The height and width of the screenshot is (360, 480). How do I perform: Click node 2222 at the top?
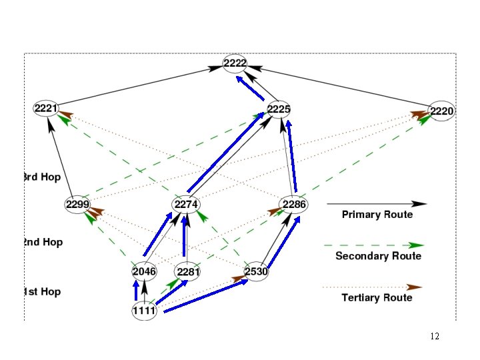[x=235, y=63]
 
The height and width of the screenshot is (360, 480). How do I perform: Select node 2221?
[x=47, y=108]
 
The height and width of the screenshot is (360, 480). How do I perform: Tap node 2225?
[x=279, y=109]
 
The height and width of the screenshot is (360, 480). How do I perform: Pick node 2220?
[x=441, y=111]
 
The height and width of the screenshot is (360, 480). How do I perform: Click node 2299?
[x=78, y=204]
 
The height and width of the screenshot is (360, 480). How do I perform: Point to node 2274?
[x=185, y=204]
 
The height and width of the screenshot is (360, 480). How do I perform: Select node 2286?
[x=294, y=204]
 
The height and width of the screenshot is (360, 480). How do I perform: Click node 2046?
[x=144, y=271]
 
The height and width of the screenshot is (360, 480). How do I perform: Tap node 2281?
[x=188, y=272]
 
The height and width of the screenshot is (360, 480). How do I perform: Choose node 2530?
[x=256, y=271]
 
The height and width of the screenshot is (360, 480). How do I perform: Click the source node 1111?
[x=143, y=311]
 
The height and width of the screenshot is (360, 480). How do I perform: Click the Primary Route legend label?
[x=377, y=215]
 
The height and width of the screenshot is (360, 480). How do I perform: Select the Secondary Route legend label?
[x=378, y=256]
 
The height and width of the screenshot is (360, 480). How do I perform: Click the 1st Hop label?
[x=43, y=292]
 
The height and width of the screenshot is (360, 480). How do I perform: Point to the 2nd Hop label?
[x=43, y=242]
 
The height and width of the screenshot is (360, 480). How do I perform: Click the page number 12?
[x=435, y=337]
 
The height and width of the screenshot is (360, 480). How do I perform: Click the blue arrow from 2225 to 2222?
[x=249, y=88]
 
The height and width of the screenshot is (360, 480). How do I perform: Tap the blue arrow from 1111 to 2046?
[x=136, y=290]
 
